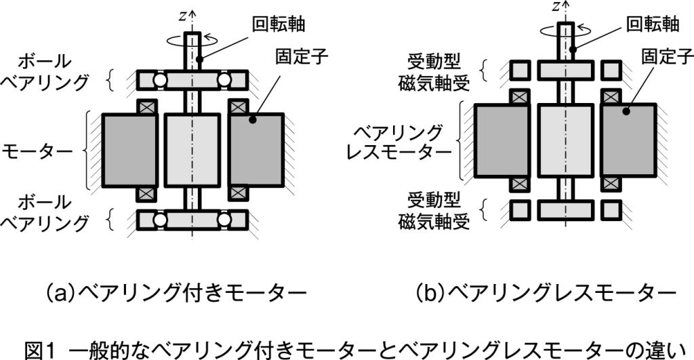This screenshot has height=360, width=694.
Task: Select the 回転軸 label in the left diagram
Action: click(278, 25)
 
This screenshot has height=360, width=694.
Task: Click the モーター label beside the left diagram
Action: click(38, 150)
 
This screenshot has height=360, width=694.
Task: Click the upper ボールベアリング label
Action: click(46, 72)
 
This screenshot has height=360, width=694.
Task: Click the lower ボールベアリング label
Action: click(46, 212)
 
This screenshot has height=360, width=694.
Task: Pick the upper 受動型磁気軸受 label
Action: click(434, 71)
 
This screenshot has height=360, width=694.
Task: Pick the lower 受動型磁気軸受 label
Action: click(434, 211)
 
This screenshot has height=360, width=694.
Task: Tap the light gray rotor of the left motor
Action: click(193, 150)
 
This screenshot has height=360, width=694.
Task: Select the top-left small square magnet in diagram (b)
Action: click(520, 70)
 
